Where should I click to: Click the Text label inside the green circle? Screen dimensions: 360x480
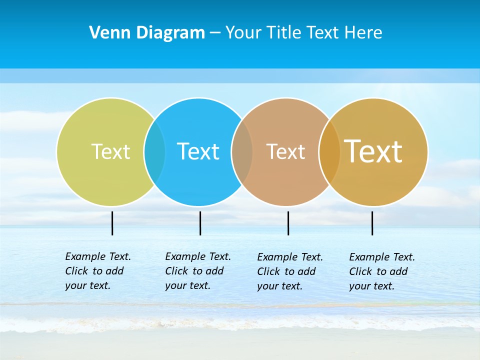110,151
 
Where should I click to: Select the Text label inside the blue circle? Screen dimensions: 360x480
198,151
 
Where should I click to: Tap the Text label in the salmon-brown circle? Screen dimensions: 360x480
285,151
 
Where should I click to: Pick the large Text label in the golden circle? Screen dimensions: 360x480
373,151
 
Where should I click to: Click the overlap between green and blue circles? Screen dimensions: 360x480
155,151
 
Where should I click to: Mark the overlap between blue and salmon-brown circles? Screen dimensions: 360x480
242,151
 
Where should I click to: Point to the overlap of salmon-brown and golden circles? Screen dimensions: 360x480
329,151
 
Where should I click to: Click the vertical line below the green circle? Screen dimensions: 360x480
112,223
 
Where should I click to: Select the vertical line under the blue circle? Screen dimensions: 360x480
200,223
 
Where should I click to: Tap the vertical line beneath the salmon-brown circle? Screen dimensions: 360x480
288,223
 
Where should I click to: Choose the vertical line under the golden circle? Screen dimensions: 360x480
372,223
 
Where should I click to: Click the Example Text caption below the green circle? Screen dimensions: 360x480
97,271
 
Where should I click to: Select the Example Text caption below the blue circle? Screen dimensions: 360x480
197,271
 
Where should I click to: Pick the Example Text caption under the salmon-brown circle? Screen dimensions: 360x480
289,271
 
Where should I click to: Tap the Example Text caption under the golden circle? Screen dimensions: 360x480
381,271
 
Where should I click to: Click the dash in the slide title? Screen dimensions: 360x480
215,33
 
